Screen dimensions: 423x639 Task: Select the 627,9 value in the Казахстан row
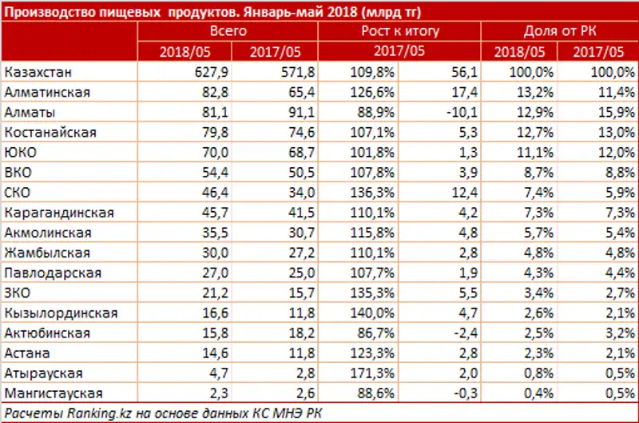coord(208,72)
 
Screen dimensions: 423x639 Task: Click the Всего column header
coord(228,32)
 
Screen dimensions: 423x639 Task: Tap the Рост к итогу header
coord(400,32)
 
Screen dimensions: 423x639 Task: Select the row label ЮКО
coord(21,152)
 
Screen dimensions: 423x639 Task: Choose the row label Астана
coord(27,353)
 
